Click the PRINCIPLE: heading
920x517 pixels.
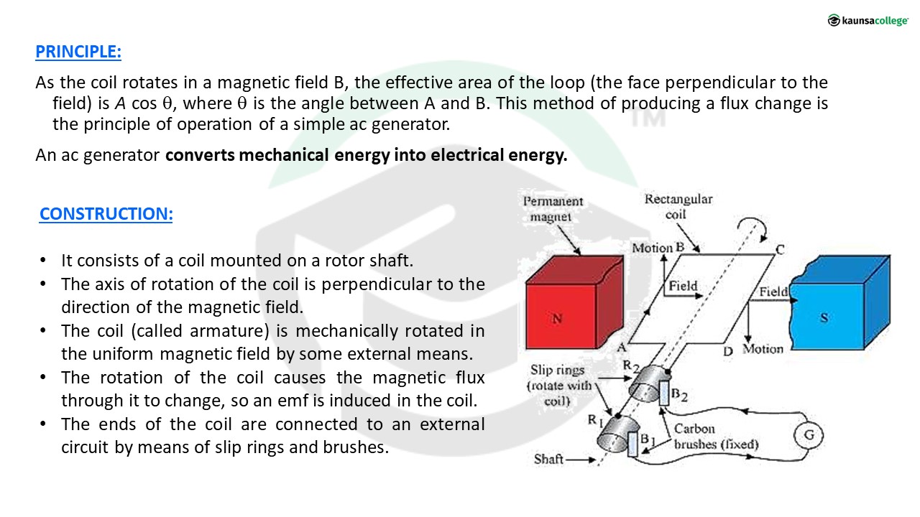click(78, 52)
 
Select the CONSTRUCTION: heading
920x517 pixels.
click(106, 214)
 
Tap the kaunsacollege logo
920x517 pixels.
click(868, 20)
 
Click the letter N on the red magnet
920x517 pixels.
click(557, 318)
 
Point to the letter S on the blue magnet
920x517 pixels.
click(824, 317)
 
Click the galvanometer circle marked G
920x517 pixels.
click(809, 435)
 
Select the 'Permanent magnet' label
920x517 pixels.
click(553, 209)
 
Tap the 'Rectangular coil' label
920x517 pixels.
click(678, 206)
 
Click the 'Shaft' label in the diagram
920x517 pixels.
click(548, 459)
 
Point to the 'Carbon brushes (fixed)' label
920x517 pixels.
click(716, 437)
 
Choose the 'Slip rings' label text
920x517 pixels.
click(557, 370)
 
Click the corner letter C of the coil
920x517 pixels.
click(780, 249)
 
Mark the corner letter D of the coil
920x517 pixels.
click(728, 351)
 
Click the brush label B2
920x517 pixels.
click(679, 395)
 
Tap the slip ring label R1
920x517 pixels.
click(595, 421)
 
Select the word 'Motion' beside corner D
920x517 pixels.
click(763, 349)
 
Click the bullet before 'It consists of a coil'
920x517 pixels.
click(43, 260)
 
